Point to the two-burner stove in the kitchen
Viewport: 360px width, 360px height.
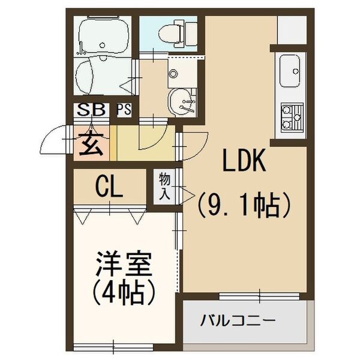(292, 118)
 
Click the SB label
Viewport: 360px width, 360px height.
(91, 110)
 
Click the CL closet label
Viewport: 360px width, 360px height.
(109, 187)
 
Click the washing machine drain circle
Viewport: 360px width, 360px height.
(173, 74)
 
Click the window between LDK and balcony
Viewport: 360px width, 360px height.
(260, 295)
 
